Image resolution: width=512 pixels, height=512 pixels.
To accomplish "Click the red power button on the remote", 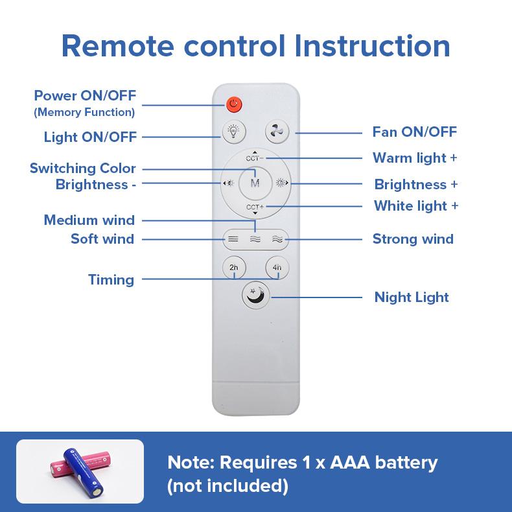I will coord(234,104).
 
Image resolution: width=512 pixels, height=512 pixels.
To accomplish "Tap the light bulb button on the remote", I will coord(233,132).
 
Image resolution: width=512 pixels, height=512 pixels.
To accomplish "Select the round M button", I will coord(255,183).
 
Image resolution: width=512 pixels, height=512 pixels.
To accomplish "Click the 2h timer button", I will coord(233,267).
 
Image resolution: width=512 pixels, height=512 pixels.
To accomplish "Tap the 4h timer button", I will coord(277,267).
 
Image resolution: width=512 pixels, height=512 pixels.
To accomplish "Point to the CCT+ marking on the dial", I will coord(255,207).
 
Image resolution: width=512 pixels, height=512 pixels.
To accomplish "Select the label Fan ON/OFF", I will coord(414,132).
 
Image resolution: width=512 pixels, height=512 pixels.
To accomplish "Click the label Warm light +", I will coord(415,158).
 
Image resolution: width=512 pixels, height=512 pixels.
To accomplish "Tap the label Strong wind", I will coord(413,239).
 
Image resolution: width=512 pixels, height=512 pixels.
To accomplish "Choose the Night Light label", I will coord(412,297).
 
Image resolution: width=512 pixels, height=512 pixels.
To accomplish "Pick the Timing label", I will coord(111,280).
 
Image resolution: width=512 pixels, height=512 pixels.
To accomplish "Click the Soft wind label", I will coord(102,239).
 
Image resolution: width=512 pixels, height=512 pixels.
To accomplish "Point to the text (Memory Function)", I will coord(85,112).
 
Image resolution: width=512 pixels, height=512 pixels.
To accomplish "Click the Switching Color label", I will coord(83,169).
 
